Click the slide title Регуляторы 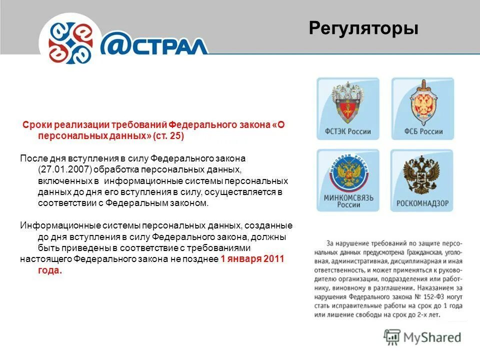363,28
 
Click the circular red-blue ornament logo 70,40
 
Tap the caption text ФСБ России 422,132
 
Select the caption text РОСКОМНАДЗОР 422,203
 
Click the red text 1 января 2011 252,259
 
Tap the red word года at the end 49,270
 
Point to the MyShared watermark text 432,337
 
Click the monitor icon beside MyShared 392,336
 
